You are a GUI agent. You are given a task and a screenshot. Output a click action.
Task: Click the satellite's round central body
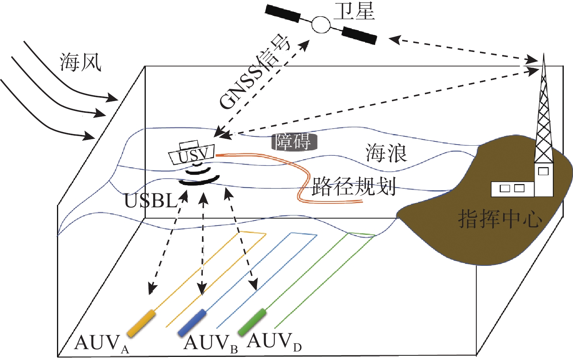pyautogui.click(x=321, y=25)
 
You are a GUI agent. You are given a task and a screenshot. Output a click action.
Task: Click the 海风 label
pyautogui.click(x=81, y=62)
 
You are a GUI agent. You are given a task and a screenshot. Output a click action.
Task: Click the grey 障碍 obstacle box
pyautogui.click(x=294, y=142)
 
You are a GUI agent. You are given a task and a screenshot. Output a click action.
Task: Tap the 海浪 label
pyautogui.click(x=386, y=153)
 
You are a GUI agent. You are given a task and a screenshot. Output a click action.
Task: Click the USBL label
pyautogui.click(x=150, y=201)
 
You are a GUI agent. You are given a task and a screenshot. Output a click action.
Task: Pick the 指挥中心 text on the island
pyautogui.click(x=500, y=219)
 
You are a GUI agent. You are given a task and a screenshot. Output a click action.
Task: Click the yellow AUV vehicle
pyautogui.click(x=142, y=323)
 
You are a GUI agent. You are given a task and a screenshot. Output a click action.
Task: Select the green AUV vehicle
pyautogui.click(x=252, y=322)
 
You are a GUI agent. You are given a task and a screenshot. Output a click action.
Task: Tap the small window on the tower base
pyautogui.click(x=544, y=171)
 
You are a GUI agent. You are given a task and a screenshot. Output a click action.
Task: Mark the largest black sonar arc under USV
pyautogui.click(x=199, y=181)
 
